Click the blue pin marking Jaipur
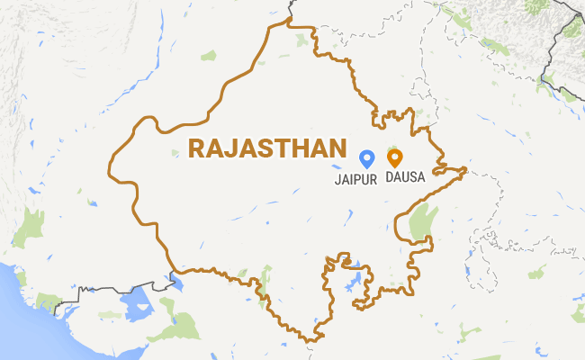366,158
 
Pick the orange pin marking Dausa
394,158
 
